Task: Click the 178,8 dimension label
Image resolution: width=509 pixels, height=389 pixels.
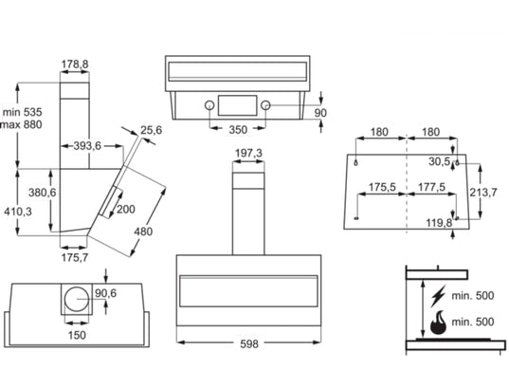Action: [x=75, y=64]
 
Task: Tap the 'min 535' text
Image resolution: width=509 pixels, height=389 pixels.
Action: [x=23, y=112]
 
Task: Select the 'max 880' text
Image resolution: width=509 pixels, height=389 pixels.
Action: [x=22, y=124]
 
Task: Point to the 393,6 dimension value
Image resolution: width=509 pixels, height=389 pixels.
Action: [x=87, y=146]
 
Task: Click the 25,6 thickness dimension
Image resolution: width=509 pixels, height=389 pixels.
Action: [x=152, y=130]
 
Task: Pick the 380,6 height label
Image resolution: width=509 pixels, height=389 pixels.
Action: [x=43, y=193]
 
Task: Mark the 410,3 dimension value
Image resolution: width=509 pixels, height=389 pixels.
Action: [x=18, y=212]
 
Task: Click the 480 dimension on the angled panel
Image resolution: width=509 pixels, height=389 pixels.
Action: [x=143, y=232]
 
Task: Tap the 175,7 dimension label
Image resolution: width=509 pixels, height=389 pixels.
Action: [x=75, y=257]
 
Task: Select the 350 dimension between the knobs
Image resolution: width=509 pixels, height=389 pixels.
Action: [x=238, y=130]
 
